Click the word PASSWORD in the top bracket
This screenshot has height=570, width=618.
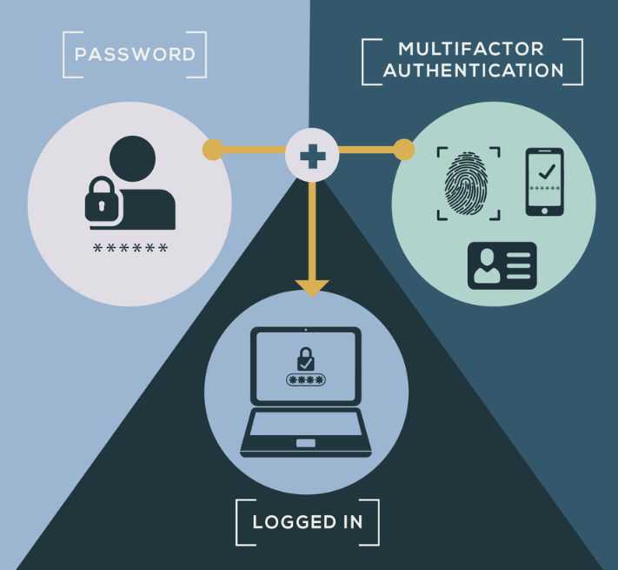click(135, 55)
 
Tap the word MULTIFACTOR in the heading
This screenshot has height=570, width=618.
click(471, 50)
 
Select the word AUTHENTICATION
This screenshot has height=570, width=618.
click(474, 70)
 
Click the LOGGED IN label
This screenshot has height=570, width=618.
click(308, 522)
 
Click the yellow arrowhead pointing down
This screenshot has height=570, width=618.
click(312, 287)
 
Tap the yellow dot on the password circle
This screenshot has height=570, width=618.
click(213, 150)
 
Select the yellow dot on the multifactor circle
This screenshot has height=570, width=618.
click(404, 150)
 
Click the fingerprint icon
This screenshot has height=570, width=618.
click(466, 184)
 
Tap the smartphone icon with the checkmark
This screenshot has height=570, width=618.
click(545, 182)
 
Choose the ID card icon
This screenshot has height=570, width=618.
click(502, 265)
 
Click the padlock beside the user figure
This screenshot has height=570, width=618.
click(102, 199)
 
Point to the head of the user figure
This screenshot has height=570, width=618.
click(132, 158)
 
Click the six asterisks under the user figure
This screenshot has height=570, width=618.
click(130, 248)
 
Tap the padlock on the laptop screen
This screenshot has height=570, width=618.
click(305, 359)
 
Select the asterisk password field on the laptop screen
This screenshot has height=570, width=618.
click(306, 380)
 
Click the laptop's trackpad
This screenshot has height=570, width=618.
click(306, 443)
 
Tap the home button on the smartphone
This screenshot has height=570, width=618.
click(545, 211)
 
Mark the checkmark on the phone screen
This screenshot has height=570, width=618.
click(547, 171)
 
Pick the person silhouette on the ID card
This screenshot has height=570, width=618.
click(487, 265)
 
